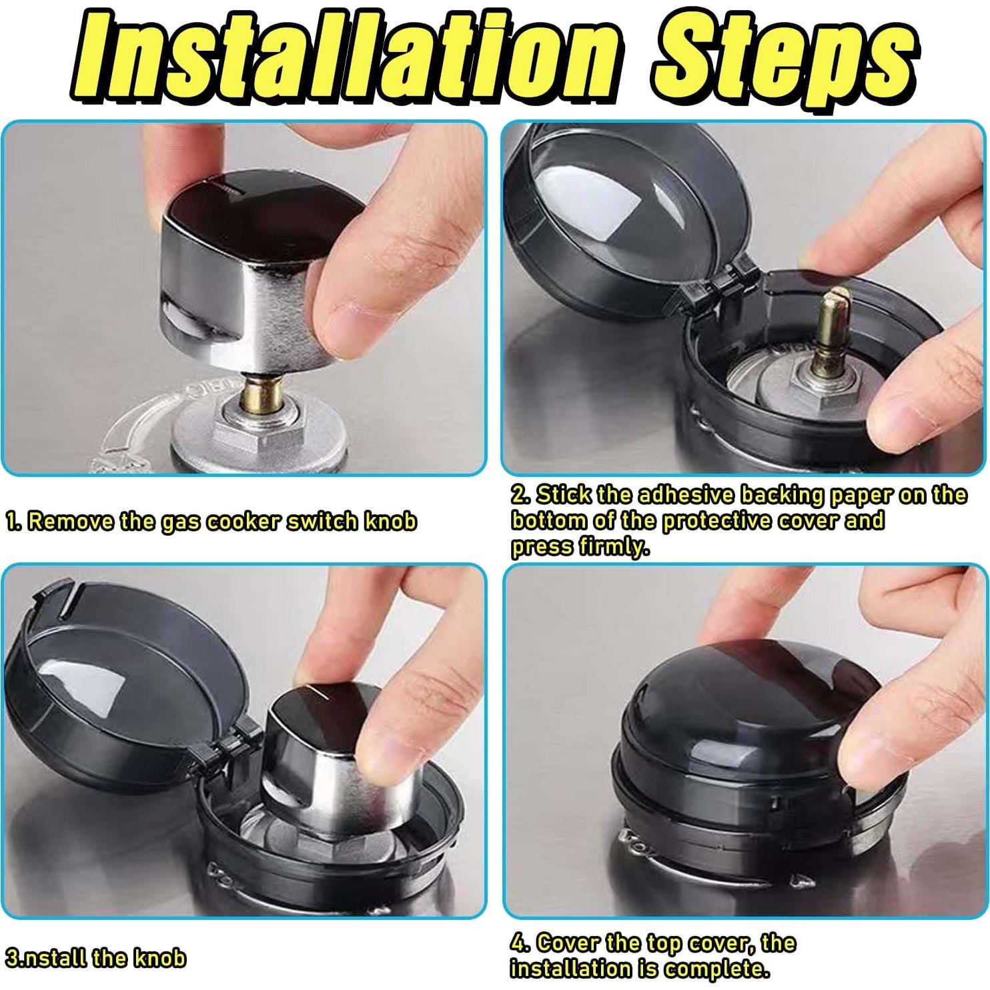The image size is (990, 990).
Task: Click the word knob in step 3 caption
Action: (159, 958)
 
